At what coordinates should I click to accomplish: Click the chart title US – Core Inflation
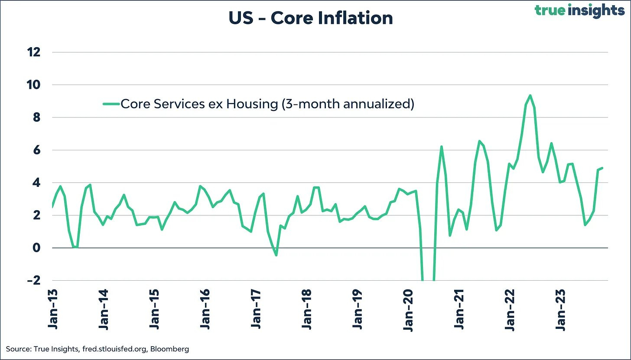tap(310, 18)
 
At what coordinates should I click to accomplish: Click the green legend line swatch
tap(111, 104)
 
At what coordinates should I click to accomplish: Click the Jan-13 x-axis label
tap(53, 311)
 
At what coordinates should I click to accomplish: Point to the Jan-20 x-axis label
tap(409, 311)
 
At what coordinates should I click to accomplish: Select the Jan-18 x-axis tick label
tap(307, 311)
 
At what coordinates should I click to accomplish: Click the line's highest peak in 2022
tap(530, 95)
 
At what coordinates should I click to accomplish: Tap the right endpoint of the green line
tap(602, 168)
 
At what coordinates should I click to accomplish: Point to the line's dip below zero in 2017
tap(276, 255)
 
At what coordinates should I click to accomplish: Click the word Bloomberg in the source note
tap(172, 349)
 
